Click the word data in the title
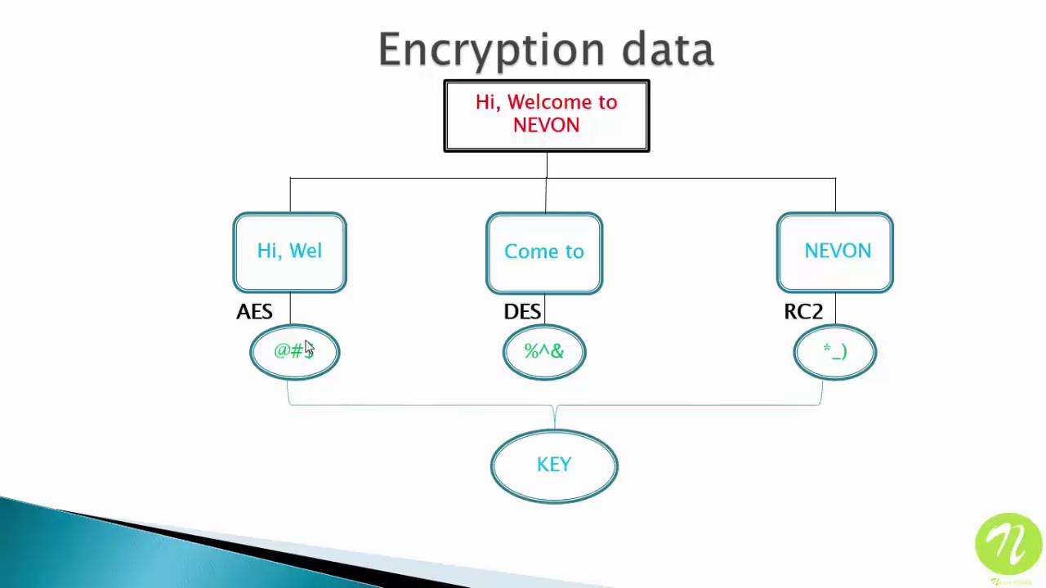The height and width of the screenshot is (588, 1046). (x=668, y=51)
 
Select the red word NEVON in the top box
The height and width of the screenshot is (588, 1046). (x=546, y=126)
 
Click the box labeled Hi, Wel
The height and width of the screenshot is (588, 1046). (x=289, y=252)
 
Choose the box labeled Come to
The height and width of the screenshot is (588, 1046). (x=544, y=252)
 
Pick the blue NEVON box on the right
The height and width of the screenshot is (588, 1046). (x=835, y=252)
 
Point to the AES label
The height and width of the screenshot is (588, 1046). (x=254, y=312)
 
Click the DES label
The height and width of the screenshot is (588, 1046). (x=522, y=312)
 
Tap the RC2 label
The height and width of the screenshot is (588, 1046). (x=803, y=312)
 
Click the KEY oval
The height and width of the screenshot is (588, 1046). (x=554, y=465)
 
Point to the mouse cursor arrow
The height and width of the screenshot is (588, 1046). (x=309, y=348)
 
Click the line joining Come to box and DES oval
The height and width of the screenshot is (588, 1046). (x=544, y=310)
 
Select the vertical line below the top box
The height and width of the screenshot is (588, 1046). (x=547, y=165)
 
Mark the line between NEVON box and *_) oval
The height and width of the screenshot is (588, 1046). (x=835, y=310)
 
